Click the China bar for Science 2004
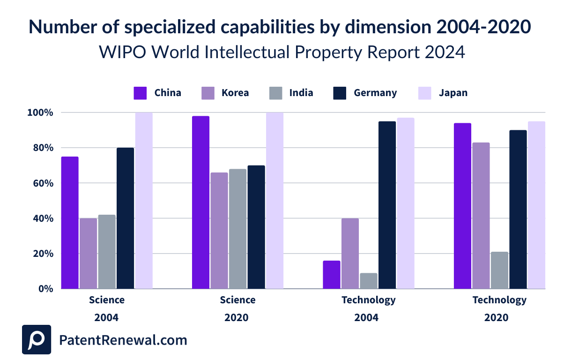tap(70, 223)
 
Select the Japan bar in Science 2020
tap(275, 201)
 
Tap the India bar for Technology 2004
tap(369, 281)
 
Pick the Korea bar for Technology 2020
tap(481, 216)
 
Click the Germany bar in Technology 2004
tap(387, 205)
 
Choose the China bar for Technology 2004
tap(332, 275)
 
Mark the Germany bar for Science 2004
tap(126, 218)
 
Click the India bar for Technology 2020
tap(499, 270)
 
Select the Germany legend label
tap(375, 93)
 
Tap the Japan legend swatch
tap(424, 93)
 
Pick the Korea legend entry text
tap(235, 93)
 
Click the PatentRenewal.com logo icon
tap(37, 340)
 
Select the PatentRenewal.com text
tap(123, 340)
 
